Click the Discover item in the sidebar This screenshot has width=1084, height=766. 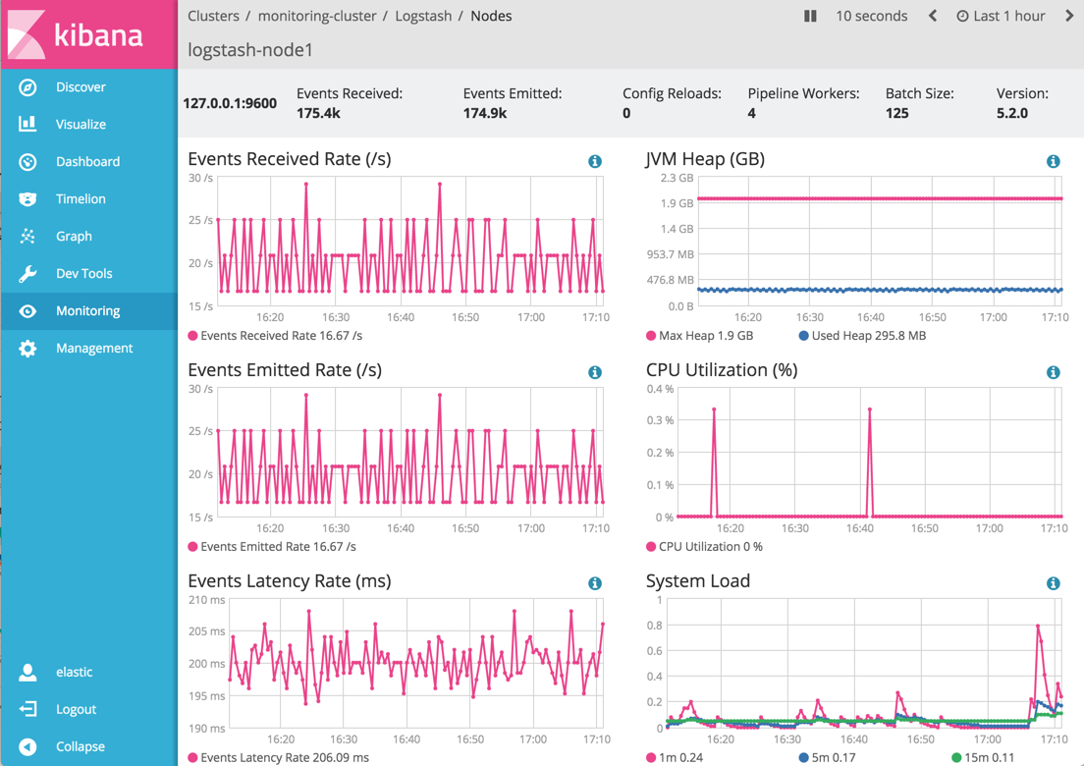[80, 87]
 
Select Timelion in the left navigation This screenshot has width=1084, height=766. [80, 199]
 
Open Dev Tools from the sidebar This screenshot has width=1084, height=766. [83, 274]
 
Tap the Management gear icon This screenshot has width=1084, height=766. [27, 349]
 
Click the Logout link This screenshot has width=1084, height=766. [76, 709]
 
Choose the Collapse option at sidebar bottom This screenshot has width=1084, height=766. [80, 746]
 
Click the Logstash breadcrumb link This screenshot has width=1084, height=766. [422, 16]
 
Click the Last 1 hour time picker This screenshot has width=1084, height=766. [1001, 16]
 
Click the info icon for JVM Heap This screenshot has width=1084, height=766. [1053, 161]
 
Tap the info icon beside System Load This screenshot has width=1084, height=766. [1053, 583]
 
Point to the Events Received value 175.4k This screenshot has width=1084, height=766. [318, 113]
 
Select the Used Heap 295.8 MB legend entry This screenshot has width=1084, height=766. [862, 336]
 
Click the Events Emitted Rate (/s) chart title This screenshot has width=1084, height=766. [284, 370]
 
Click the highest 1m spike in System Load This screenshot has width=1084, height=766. [1038, 626]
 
